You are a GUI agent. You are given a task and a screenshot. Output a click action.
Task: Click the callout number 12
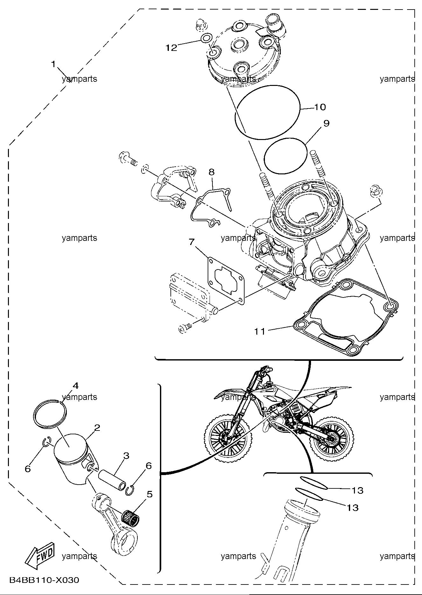click(171, 48)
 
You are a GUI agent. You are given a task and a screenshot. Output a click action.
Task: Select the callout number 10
click(320, 107)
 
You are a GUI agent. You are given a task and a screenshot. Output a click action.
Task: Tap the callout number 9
click(327, 123)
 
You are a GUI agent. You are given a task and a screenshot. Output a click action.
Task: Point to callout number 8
click(211, 172)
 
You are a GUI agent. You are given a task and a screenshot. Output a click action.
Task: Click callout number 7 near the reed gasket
click(191, 242)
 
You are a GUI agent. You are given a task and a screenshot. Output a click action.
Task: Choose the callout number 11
click(259, 331)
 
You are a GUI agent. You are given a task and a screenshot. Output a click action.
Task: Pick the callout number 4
click(75, 386)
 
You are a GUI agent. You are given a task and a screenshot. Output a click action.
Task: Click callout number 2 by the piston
click(97, 427)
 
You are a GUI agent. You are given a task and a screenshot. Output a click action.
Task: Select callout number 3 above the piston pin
click(126, 456)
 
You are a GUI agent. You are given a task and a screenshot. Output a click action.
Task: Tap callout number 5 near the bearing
click(149, 494)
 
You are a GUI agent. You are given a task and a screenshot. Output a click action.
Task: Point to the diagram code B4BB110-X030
click(44, 580)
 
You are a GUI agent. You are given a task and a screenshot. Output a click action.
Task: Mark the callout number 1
click(53, 64)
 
